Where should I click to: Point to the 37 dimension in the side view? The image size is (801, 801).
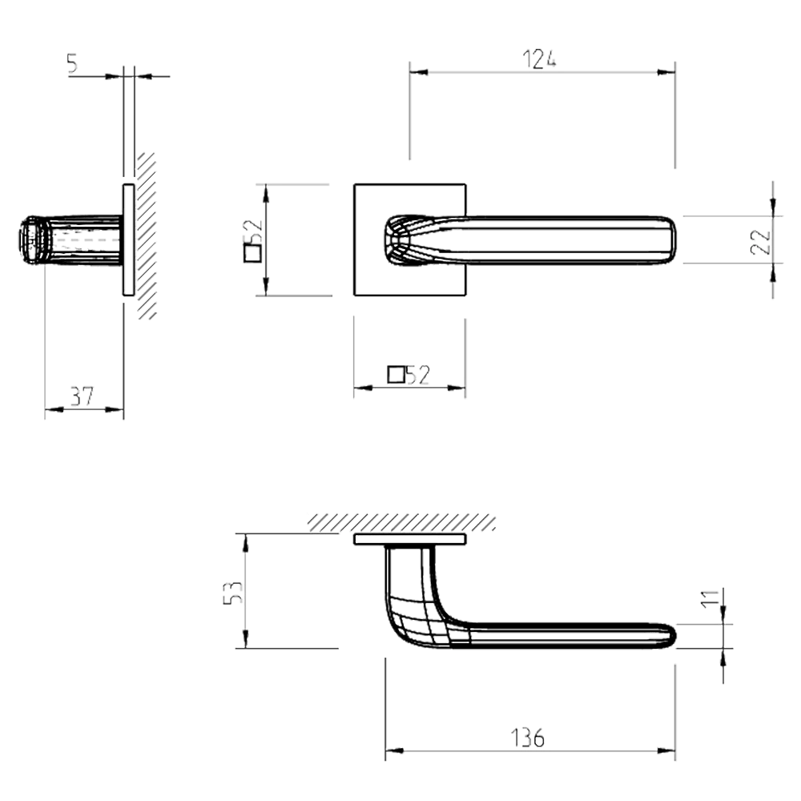point(83,396)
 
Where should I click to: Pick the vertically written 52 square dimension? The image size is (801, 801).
point(252,241)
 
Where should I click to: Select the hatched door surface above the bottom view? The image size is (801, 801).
point(400,521)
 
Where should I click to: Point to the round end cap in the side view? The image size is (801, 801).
point(30,239)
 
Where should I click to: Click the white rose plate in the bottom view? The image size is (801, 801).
point(409,541)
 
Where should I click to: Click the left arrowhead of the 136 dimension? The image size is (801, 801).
point(393,751)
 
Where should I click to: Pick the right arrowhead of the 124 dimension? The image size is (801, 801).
point(665,72)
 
